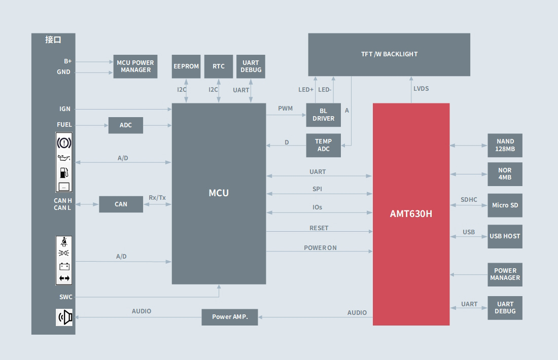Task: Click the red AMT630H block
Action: (411, 214)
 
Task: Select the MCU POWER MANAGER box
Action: (135, 66)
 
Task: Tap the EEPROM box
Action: (186, 66)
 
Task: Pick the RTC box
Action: (219, 66)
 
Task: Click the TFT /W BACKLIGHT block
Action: (389, 54)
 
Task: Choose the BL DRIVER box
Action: (323, 115)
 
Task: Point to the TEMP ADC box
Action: (323, 145)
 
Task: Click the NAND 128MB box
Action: (505, 145)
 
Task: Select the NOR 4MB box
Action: (505, 174)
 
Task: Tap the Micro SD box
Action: (505, 205)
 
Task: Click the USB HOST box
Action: (505, 236)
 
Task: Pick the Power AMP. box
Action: (230, 317)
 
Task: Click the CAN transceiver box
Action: (121, 204)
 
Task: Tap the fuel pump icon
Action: (64, 172)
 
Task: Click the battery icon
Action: (64, 266)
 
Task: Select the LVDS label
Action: (421, 89)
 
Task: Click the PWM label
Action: (286, 109)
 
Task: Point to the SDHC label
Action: (469, 200)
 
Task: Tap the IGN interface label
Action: (65, 109)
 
